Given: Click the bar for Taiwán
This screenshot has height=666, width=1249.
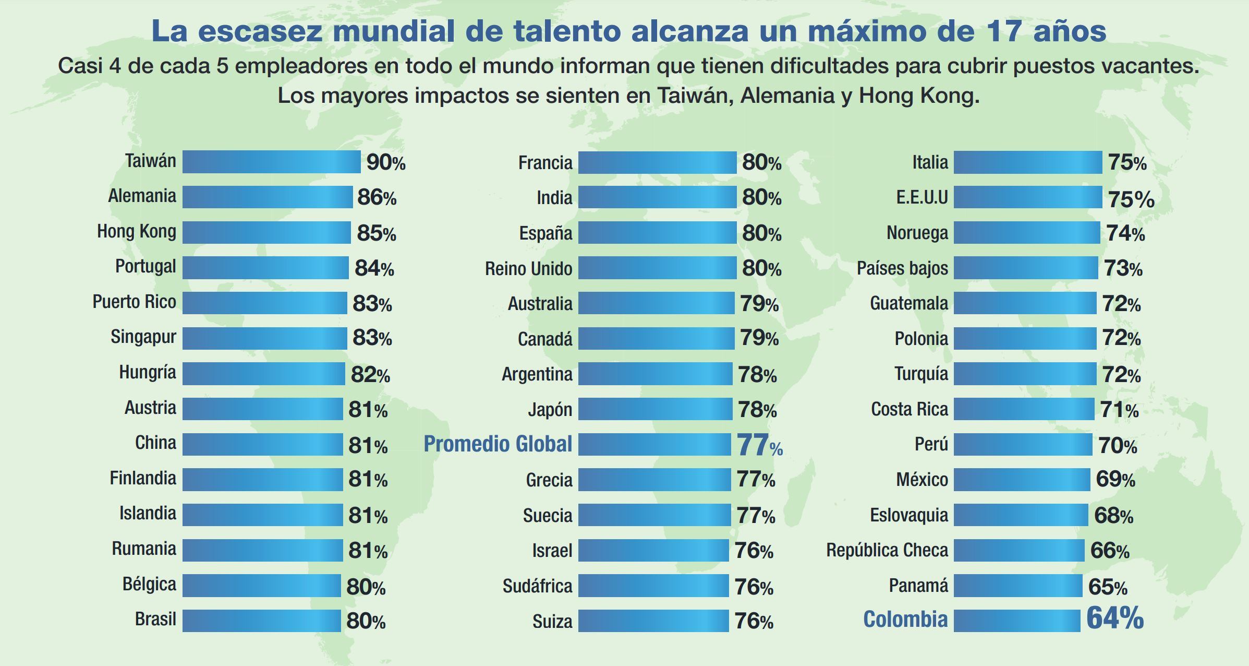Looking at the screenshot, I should (271, 162).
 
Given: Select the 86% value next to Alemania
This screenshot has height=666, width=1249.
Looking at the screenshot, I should (377, 197).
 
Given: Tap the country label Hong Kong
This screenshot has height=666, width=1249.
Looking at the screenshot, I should (137, 231).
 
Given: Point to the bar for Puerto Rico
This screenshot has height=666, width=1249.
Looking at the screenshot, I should (264, 303).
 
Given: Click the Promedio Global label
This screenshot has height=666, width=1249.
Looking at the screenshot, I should (498, 444).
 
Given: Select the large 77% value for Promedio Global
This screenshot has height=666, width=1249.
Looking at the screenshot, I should (759, 445).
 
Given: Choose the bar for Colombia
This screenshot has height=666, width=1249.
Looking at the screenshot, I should (1017, 621).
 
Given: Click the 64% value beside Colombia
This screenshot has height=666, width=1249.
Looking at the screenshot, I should (1114, 619).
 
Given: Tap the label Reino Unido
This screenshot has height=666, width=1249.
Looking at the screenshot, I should (528, 269).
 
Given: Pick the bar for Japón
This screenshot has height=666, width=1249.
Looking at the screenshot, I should (655, 409).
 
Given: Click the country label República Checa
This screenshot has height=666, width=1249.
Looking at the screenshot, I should (887, 550).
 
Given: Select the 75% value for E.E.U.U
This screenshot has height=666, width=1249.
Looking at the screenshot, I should (1131, 199).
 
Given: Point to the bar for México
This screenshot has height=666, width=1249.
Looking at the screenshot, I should (1022, 479).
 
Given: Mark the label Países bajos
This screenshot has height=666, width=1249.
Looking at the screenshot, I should (902, 268).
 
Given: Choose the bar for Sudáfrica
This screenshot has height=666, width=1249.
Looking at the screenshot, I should (653, 586).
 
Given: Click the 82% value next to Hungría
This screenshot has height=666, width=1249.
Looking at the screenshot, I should (370, 374).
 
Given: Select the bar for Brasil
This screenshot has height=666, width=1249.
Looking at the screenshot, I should (261, 621).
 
